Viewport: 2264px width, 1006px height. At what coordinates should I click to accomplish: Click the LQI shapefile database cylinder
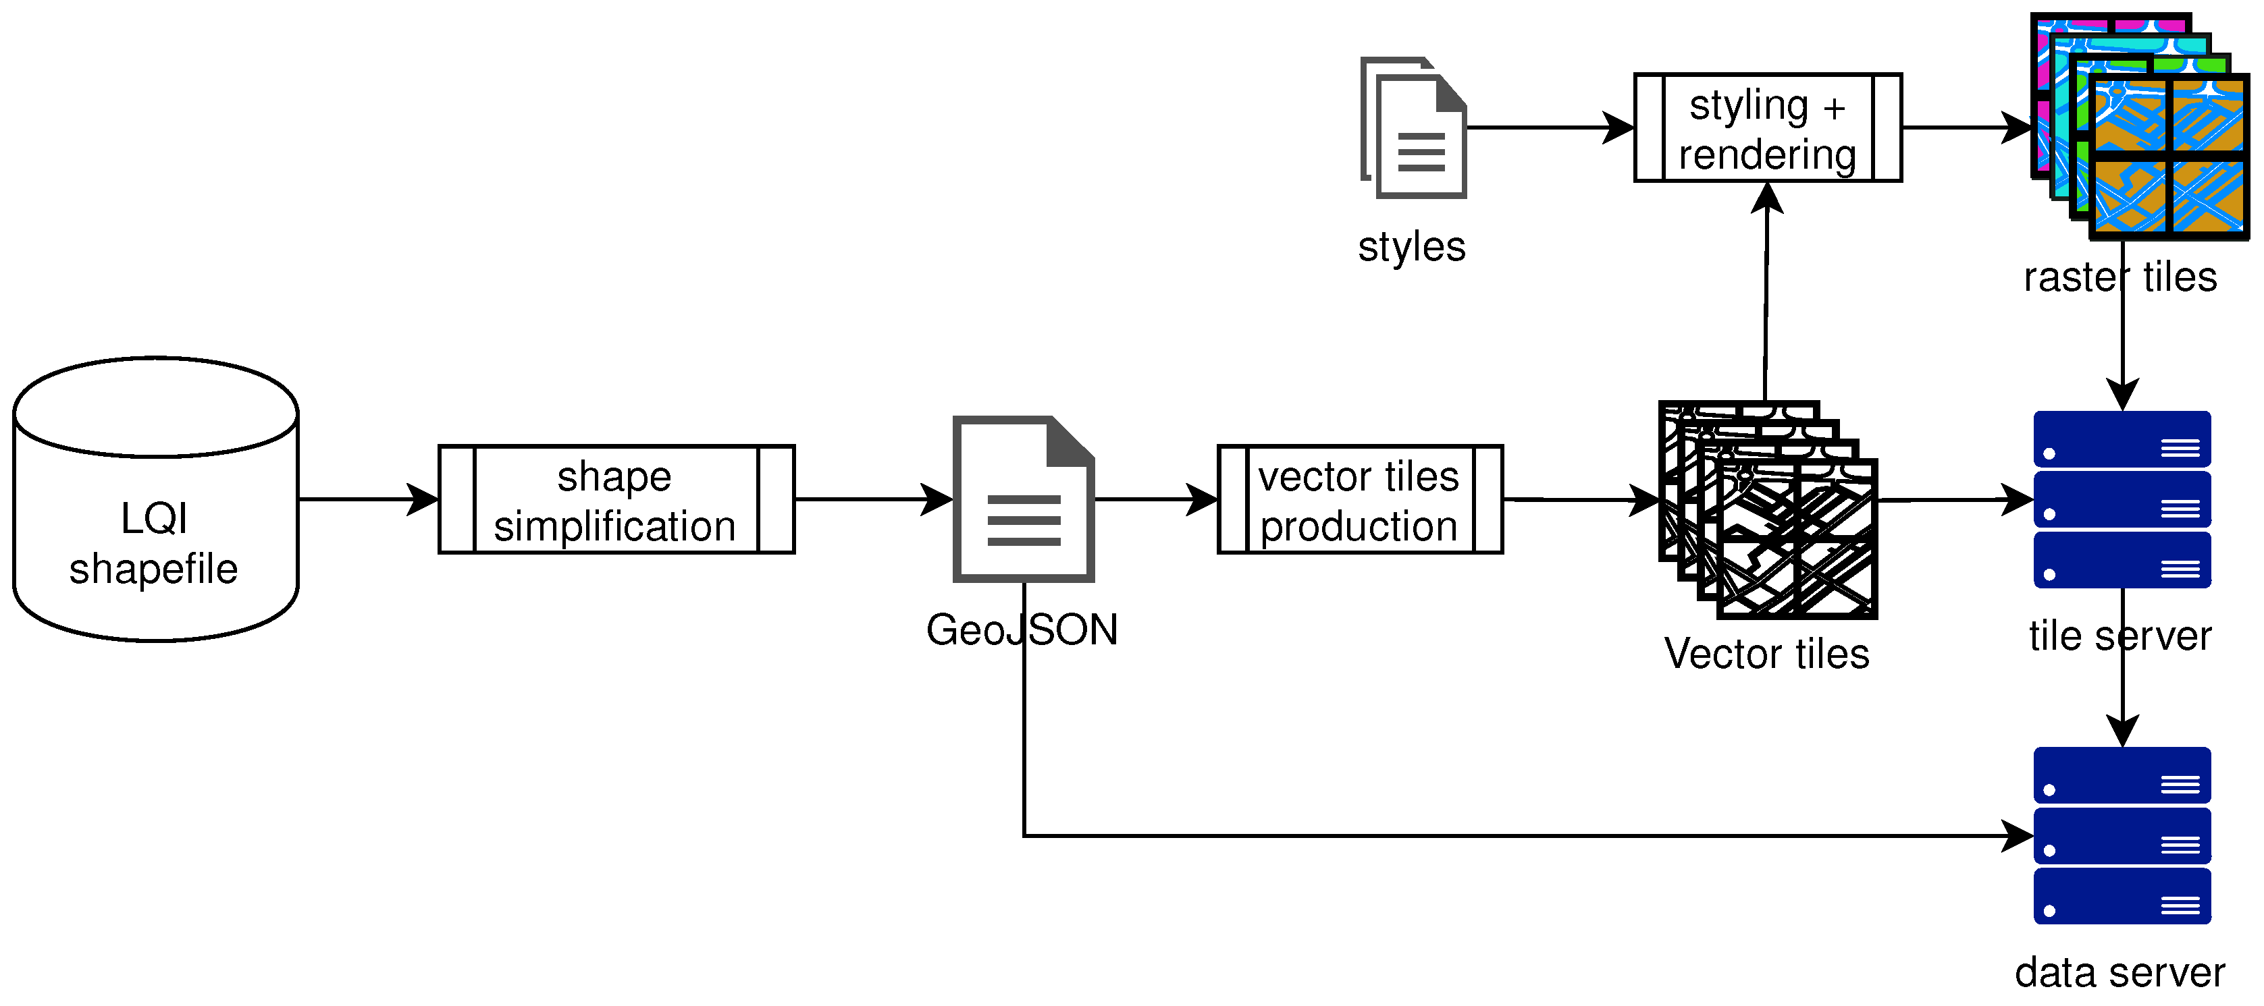tap(155, 499)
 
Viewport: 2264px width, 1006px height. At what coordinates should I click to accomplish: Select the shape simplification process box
tap(616, 499)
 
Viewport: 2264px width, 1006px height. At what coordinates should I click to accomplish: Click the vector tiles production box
tap(1360, 499)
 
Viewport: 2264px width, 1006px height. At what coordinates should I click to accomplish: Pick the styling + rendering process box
tap(1768, 128)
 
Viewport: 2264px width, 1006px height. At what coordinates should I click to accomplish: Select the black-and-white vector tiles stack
tap(1768, 509)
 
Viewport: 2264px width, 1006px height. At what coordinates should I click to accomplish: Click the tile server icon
tap(2122, 499)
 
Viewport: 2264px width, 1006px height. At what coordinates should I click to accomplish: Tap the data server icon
tap(2122, 835)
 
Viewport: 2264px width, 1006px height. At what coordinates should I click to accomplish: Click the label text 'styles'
tap(1411, 247)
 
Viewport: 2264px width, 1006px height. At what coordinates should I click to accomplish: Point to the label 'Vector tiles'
tap(1766, 654)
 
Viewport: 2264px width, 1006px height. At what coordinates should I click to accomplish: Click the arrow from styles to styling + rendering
tap(1547, 128)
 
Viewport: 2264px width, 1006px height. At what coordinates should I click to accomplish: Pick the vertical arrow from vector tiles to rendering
tap(1766, 299)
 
